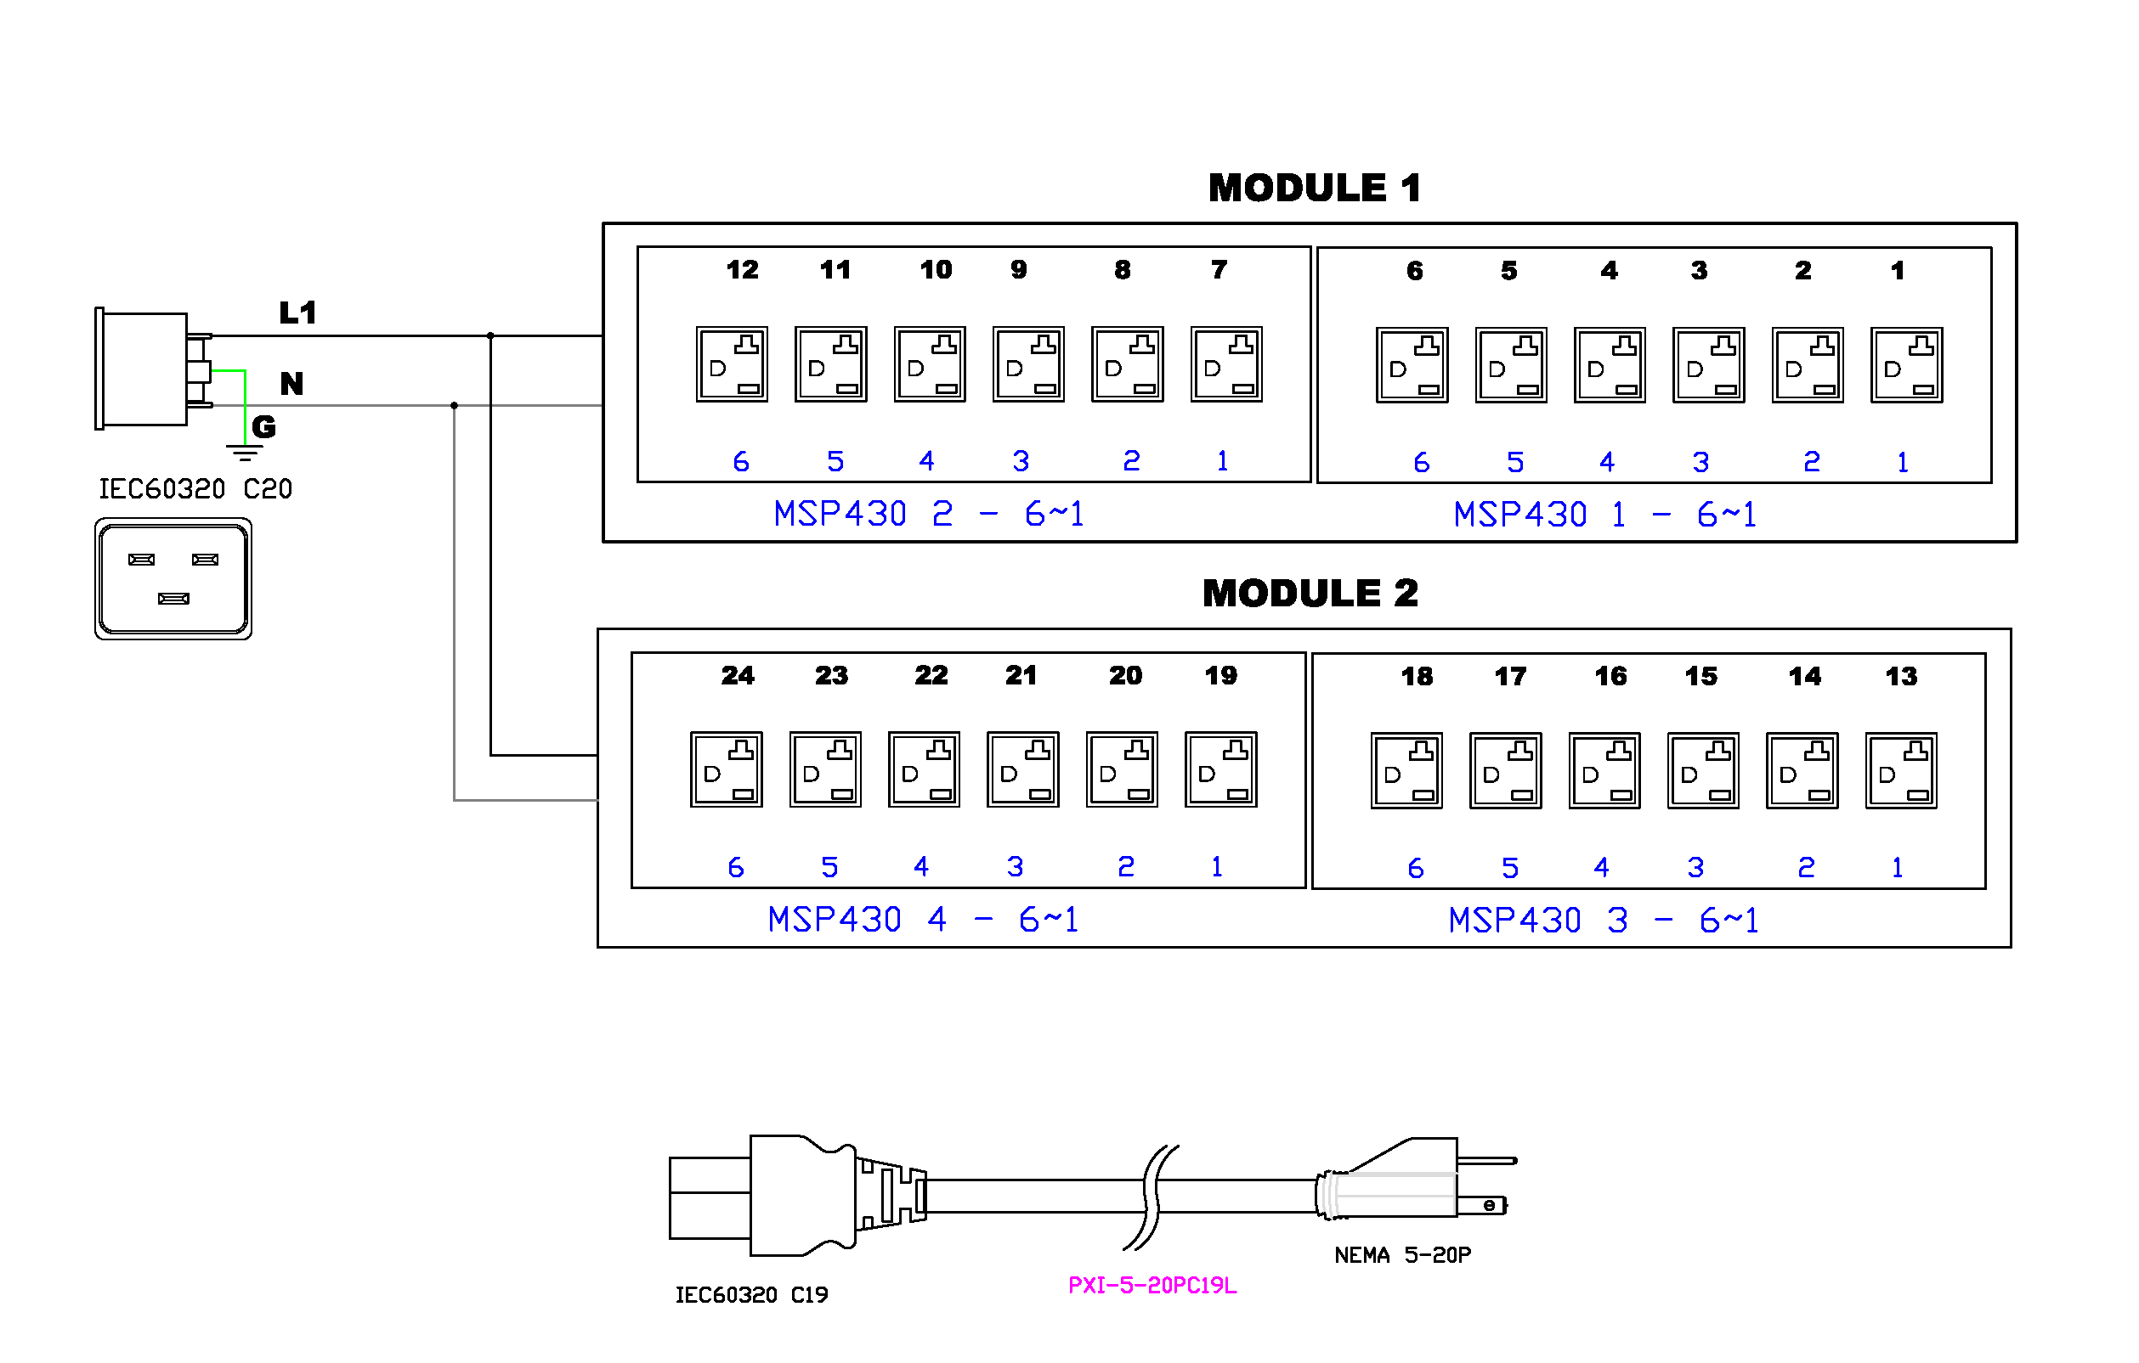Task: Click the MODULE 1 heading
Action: (x=1314, y=189)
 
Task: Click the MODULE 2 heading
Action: (x=1310, y=593)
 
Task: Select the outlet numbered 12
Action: (x=731, y=364)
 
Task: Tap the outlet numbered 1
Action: (x=1905, y=365)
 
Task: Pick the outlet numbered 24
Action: (x=726, y=769)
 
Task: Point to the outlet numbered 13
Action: (x=1900, y=770)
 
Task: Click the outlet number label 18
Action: (x=1416, y=677)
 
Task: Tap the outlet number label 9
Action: (x=1018, y=270)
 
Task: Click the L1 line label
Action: (x=297, y=313)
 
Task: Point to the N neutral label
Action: (x=291, y=384)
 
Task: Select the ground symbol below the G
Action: (x=244, y=453)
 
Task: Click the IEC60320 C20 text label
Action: (x=195, y=489)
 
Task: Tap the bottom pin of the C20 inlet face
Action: (x=173, y=599)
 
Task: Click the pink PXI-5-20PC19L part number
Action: (x=1152, y=1285)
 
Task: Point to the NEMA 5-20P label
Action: (x=1401, y=1254)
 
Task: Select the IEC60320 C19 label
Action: (x=751, y=1294)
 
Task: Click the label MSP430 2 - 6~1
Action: (x=928, y=514)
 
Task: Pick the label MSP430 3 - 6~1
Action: (x=1603, y=920)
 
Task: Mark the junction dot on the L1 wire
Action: (x=490, y=335)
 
